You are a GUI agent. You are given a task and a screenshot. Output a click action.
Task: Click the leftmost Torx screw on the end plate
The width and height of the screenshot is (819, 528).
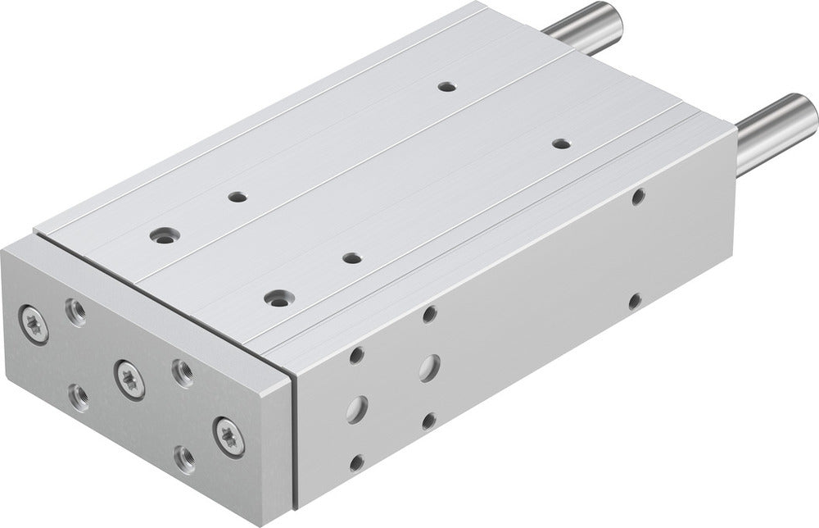[x=34, y=324]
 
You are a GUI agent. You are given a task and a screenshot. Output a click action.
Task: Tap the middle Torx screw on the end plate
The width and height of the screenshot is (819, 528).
[x=129, y=379]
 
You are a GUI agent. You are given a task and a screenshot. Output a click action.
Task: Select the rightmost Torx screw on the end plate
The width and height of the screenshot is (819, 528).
[x=229, y=435]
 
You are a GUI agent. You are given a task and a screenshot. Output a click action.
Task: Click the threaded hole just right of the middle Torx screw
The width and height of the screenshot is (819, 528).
[x=183, y=373]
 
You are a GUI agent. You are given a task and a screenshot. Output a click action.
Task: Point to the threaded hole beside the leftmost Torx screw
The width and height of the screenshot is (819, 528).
[x=76, y=312]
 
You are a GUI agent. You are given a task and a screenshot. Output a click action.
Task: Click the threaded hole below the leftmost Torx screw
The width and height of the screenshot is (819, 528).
[x=79, y=397]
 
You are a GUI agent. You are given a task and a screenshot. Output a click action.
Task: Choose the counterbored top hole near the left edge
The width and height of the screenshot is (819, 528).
[x=161, y=235]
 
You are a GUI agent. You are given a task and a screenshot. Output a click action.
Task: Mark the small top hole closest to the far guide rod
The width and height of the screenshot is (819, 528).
[x=446, y=85]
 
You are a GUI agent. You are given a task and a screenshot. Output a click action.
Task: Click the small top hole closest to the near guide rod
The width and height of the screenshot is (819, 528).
[x=560, y=143]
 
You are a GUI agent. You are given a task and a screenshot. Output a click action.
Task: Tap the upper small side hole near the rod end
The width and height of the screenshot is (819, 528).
[x=638, y=196]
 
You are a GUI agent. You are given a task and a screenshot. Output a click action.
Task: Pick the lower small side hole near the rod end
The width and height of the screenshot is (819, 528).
[x=634, y=301]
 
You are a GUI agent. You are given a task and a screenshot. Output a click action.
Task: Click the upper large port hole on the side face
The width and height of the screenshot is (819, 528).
[x=428, y=367]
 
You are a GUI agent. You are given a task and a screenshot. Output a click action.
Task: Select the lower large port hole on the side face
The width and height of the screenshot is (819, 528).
[x=356, y=407]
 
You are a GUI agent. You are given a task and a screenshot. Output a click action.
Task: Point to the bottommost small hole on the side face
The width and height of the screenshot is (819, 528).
[x=356, y=462]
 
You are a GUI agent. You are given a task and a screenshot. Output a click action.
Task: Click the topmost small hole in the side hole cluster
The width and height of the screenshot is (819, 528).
[x=428, y=314]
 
